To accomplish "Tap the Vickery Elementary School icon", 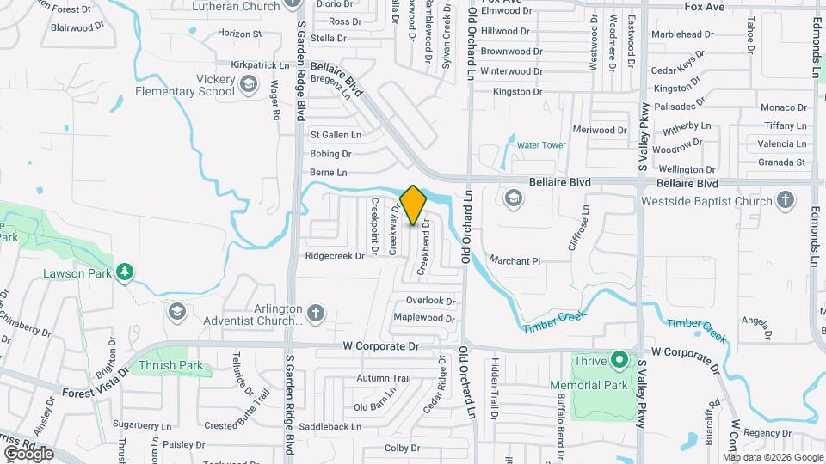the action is [249, 83].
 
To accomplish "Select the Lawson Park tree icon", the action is [126, 272].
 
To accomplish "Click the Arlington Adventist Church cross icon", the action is [316, 313].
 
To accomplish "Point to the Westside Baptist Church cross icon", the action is [785, 202].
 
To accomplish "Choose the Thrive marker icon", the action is [619, 360].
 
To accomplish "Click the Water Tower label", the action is [541, 145].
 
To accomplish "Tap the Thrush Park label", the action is [170, 365].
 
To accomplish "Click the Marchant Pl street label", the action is [514, 260].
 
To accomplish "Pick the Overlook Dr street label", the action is [430, 301].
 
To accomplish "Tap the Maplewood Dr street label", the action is [423, 318].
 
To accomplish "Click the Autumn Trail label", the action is [384, 377].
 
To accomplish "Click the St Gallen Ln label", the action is [336, 135].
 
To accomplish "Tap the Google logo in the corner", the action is [28, 452].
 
